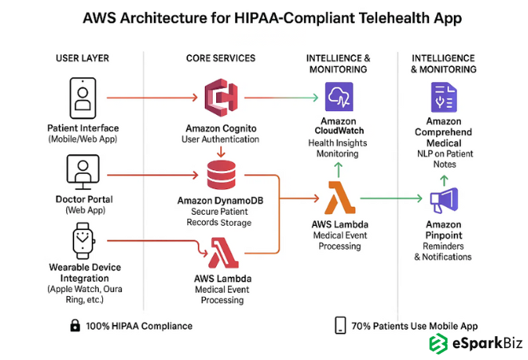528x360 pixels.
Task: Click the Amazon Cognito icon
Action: [222, 98]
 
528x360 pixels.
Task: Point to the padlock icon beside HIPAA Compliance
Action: [75, 325]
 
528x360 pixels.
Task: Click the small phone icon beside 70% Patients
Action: [341, 325]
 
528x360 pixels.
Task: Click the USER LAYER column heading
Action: [83, 58]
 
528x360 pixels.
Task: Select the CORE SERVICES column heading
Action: [221, 58]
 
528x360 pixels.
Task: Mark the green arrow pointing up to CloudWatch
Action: [337, 168]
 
